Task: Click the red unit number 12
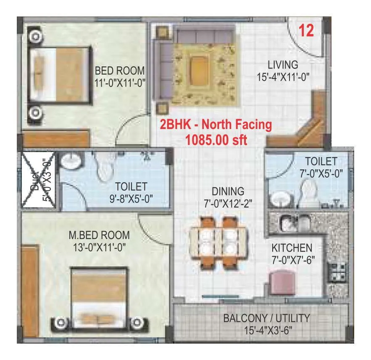click(x=306, y=32)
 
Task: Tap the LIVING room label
click(x=283, y=65)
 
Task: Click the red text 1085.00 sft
click(x=216, y=139)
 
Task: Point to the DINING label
click(x=228, y=192)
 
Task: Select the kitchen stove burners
click(x=338, y=272)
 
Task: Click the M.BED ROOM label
click(x=99, y=236)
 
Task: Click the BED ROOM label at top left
click(x=120, y=71)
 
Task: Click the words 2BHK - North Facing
click(x=214, y=125)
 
